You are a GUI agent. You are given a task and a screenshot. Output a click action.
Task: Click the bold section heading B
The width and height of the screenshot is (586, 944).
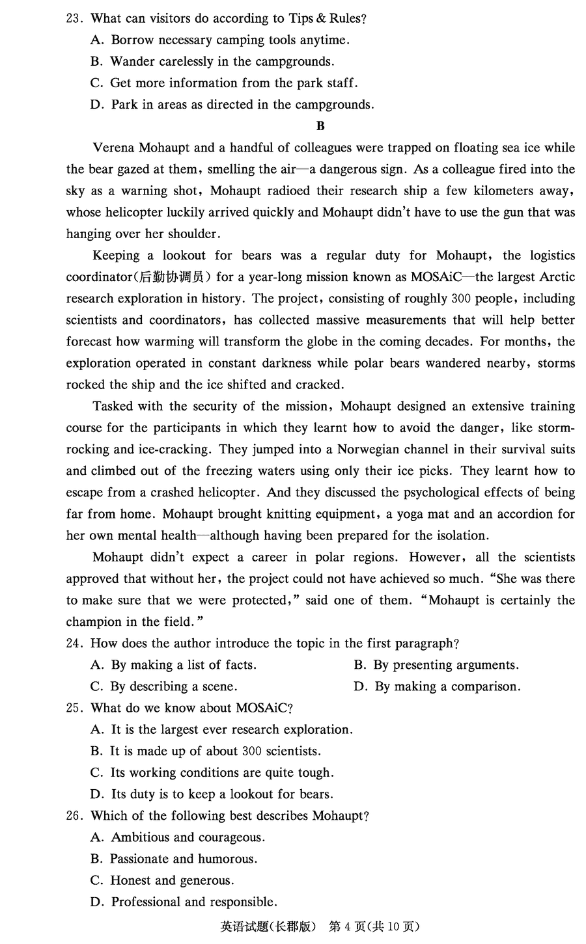320,126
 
